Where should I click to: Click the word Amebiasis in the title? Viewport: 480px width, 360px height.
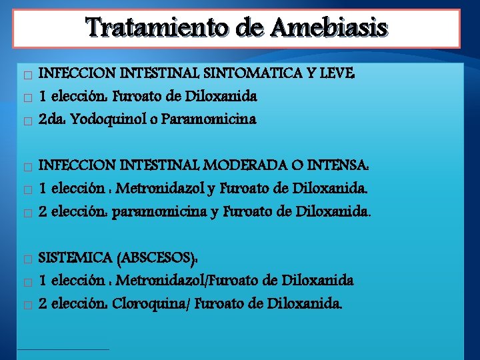click(329, 28)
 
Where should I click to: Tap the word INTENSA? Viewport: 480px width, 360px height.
click(338, 165)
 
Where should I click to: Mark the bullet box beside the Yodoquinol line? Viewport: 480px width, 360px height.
click(26, 121)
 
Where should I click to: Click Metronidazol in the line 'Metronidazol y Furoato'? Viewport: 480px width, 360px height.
click(157, 189)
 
